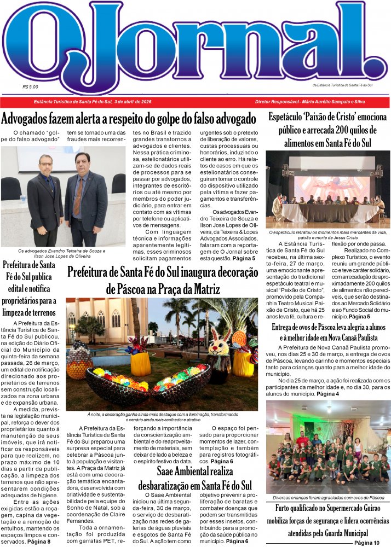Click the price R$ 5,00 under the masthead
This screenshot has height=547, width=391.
[x=31, y=86]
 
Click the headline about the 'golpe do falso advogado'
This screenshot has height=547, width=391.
[x=129, y=118]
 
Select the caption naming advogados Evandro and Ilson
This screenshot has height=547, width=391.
[x=62, y=253]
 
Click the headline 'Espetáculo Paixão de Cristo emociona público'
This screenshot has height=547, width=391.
[x=327, y=130]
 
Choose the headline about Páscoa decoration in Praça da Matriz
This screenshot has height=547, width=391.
[x=162, y=280]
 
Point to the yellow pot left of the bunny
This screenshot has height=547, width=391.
[x=140, y=363]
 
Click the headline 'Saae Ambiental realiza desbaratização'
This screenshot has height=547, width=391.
[x=195, y=478]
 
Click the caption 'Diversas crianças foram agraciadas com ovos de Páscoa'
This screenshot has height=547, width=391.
[x=328, y=498]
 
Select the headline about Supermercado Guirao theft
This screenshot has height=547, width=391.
[x=327, y=520]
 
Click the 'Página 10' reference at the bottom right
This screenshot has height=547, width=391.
[x=366, y=542]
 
